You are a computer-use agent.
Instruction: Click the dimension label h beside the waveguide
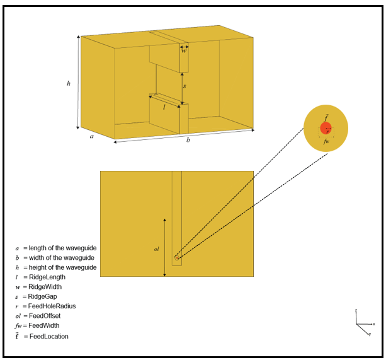point(69,83)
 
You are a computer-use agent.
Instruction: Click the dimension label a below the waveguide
point(92,136)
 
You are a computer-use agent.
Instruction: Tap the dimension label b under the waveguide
point(188,140)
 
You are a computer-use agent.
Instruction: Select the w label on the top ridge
point(184,50)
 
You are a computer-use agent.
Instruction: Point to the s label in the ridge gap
point(184,85)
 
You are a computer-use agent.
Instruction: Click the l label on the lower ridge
point(164,107)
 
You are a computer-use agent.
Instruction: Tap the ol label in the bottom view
point(157,249)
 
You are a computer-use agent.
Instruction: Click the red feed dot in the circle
point(326,128)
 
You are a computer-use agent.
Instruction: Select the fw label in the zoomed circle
point(326,142)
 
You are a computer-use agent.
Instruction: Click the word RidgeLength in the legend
point(47,277)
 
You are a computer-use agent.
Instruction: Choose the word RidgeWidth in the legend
point(47,287)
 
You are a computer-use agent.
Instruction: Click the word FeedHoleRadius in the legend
point(52,306)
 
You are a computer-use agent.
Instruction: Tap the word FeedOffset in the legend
point(45,316)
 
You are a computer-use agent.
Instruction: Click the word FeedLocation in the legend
point(48,337)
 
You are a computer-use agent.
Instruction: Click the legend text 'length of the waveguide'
point(62,248)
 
